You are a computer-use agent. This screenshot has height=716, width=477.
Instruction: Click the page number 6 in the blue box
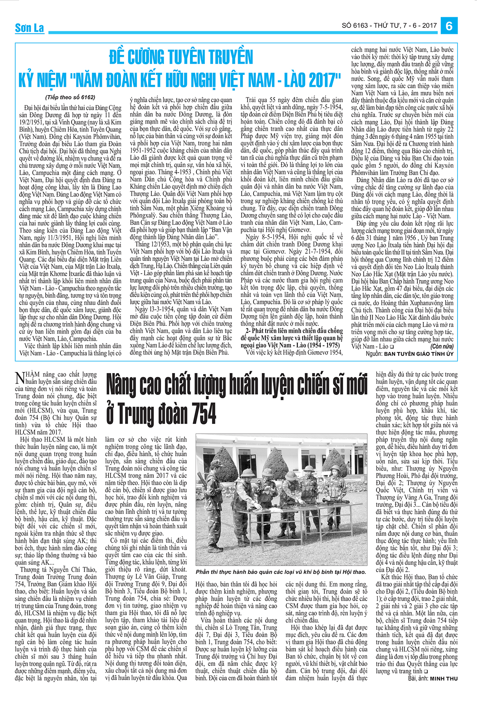point(449,26)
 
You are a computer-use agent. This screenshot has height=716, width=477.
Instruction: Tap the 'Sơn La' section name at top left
point(29,28)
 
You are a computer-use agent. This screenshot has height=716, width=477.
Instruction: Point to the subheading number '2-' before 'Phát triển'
point(248,331)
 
